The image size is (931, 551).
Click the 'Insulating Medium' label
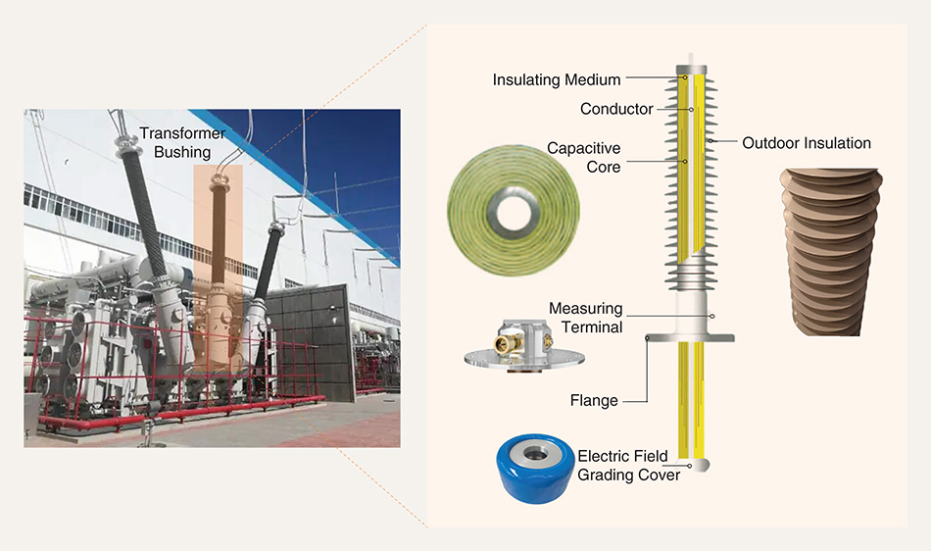pyautogui.click(x=557, y=79)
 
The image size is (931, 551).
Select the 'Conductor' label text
pyautogui.click(x=616, y=109)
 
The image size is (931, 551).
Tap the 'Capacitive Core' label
pyautogui.click(x=584, y=157)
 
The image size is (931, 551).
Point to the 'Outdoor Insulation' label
pyautogui.click(x=807, y=143)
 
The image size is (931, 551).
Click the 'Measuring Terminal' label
pyautogui.click(x=585, y=318)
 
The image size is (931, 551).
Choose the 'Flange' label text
pyautogui.click(x=594, y=400)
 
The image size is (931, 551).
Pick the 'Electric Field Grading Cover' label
pyautogui.click(x=628, y=465)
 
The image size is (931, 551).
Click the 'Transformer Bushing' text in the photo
pyautogui.click(x=182, y=142)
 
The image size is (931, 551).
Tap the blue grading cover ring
pyautogui.click(x=535, y=473)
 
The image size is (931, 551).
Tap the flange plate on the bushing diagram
pyautogui.click(x=692, y=338)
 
